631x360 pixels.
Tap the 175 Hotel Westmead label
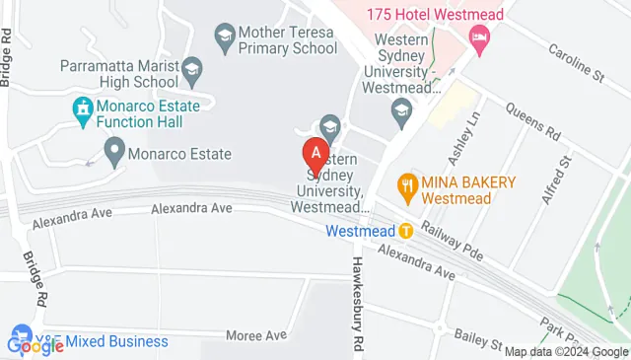(434, 14)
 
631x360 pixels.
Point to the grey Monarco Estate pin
(115, 152)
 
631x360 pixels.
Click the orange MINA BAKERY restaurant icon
(405, 183)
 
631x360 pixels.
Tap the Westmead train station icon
(405, 231)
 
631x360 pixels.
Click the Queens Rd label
(533, 121)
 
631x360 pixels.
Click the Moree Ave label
(255, 335)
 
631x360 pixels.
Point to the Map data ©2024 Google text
(566, 351)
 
